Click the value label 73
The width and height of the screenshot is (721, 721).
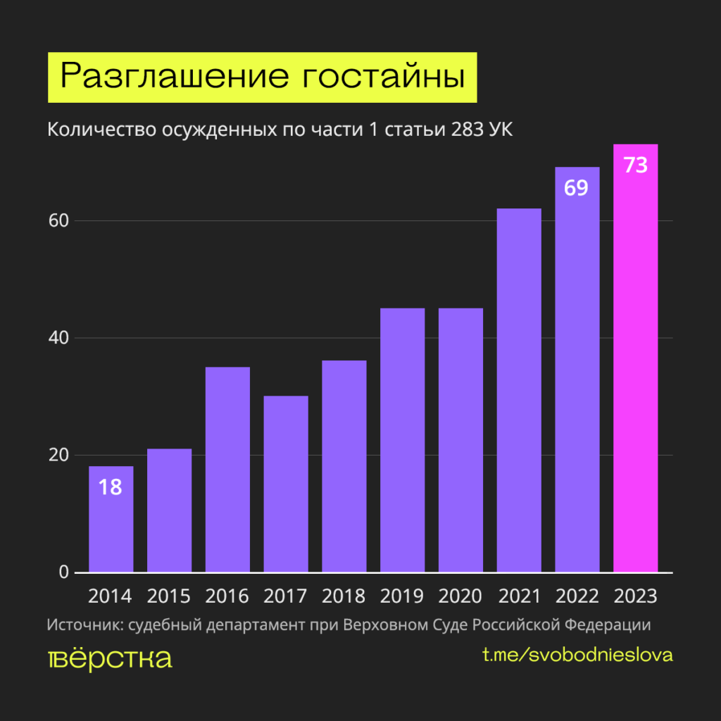636,167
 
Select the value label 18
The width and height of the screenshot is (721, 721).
111,487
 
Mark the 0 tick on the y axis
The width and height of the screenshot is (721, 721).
63,572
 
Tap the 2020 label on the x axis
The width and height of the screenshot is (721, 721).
460,596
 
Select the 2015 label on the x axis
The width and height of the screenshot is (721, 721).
169,596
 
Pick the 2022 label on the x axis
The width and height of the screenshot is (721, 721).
577,596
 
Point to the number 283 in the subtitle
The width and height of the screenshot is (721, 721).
463,130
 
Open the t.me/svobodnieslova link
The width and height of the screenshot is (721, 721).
577,655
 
